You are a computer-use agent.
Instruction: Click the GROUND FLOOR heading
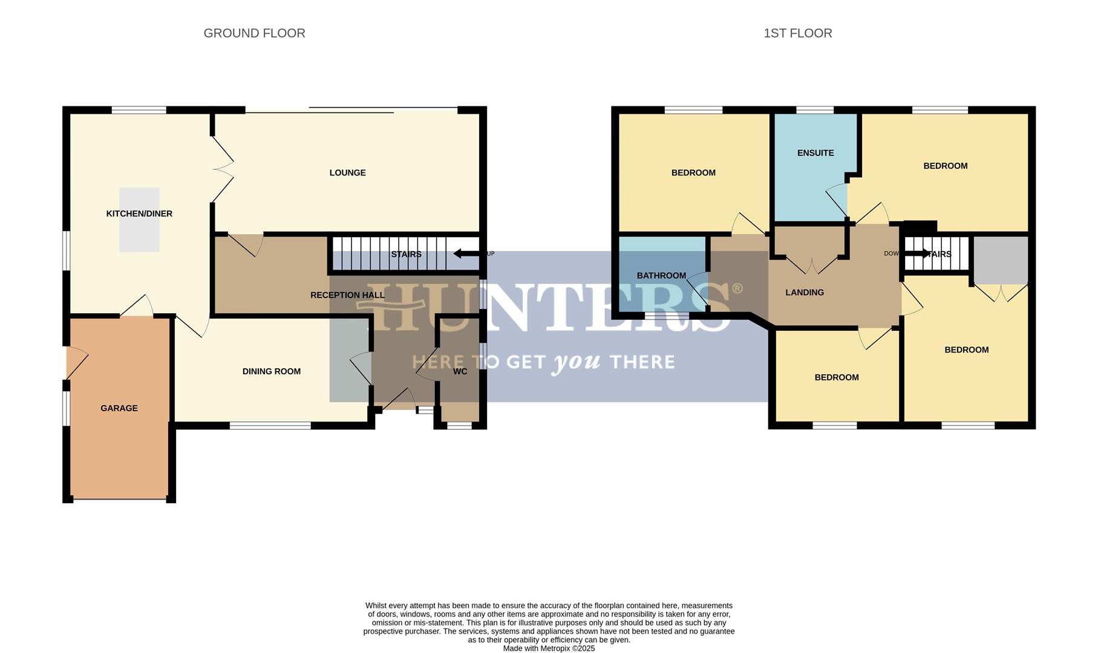click(254, 33)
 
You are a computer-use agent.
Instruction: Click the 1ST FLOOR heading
click(797, 33)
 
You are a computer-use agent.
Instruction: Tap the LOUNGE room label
click(347, 173)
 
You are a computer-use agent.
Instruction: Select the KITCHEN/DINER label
click(139, 213)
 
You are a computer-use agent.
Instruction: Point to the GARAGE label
click(119, 408)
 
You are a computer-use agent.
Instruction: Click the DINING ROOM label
click(272, 371)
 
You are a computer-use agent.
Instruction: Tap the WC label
click(460, 371)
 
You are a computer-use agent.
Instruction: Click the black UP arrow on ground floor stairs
click(466, 253)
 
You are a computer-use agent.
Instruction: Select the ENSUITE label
click(815, 153)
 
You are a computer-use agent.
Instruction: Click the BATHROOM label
click(661, 276)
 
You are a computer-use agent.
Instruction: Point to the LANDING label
click(805, 293)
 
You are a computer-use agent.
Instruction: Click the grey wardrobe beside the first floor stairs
click(1001, 260)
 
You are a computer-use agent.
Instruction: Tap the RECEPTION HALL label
click(347, 295)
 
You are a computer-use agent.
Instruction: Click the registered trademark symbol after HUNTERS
click(737, 288)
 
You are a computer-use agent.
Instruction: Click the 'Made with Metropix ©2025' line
click(549, 648)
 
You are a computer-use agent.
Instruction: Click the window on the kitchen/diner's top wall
click(139, 110)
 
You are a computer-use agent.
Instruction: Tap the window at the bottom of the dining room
click(270, 426)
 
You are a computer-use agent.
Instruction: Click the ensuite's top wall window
click(814, 110)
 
